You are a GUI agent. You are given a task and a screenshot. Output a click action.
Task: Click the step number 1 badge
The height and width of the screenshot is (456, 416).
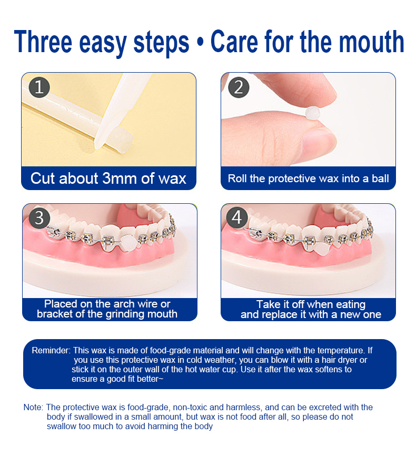pyautogui.click(x=39, y=87)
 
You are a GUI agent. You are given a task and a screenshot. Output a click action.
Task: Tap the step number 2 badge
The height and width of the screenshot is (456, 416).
pyautogui.click(x=239, y=87)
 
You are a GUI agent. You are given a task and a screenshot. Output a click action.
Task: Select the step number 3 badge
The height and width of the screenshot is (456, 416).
pyautogui.click(x=39, y=218)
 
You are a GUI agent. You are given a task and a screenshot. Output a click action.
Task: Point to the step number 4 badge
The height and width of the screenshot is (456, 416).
pyautogui.click(x=237, y=217)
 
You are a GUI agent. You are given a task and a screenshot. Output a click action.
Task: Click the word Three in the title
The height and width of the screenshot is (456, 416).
pyautogui.click(x=43, y=42)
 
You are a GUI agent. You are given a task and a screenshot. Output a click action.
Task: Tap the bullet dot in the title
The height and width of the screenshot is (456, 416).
pyautogui.click(x=200, y=43)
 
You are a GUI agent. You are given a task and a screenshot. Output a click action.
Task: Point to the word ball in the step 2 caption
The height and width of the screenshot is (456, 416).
pyautogui.click(x=380, y=179)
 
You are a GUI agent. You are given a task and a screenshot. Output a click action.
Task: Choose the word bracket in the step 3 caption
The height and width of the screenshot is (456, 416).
pyautogui.click(x=54, y=314)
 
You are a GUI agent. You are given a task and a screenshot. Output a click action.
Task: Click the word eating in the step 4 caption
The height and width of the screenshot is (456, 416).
pyautogui.click(x=351, y=304)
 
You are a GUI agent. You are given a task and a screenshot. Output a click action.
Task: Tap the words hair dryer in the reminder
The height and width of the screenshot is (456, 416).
pyautogui.click(x=340, y=360)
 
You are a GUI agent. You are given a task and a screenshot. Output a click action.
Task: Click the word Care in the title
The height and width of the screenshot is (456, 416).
pyautogui.click(x=234, y=42)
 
